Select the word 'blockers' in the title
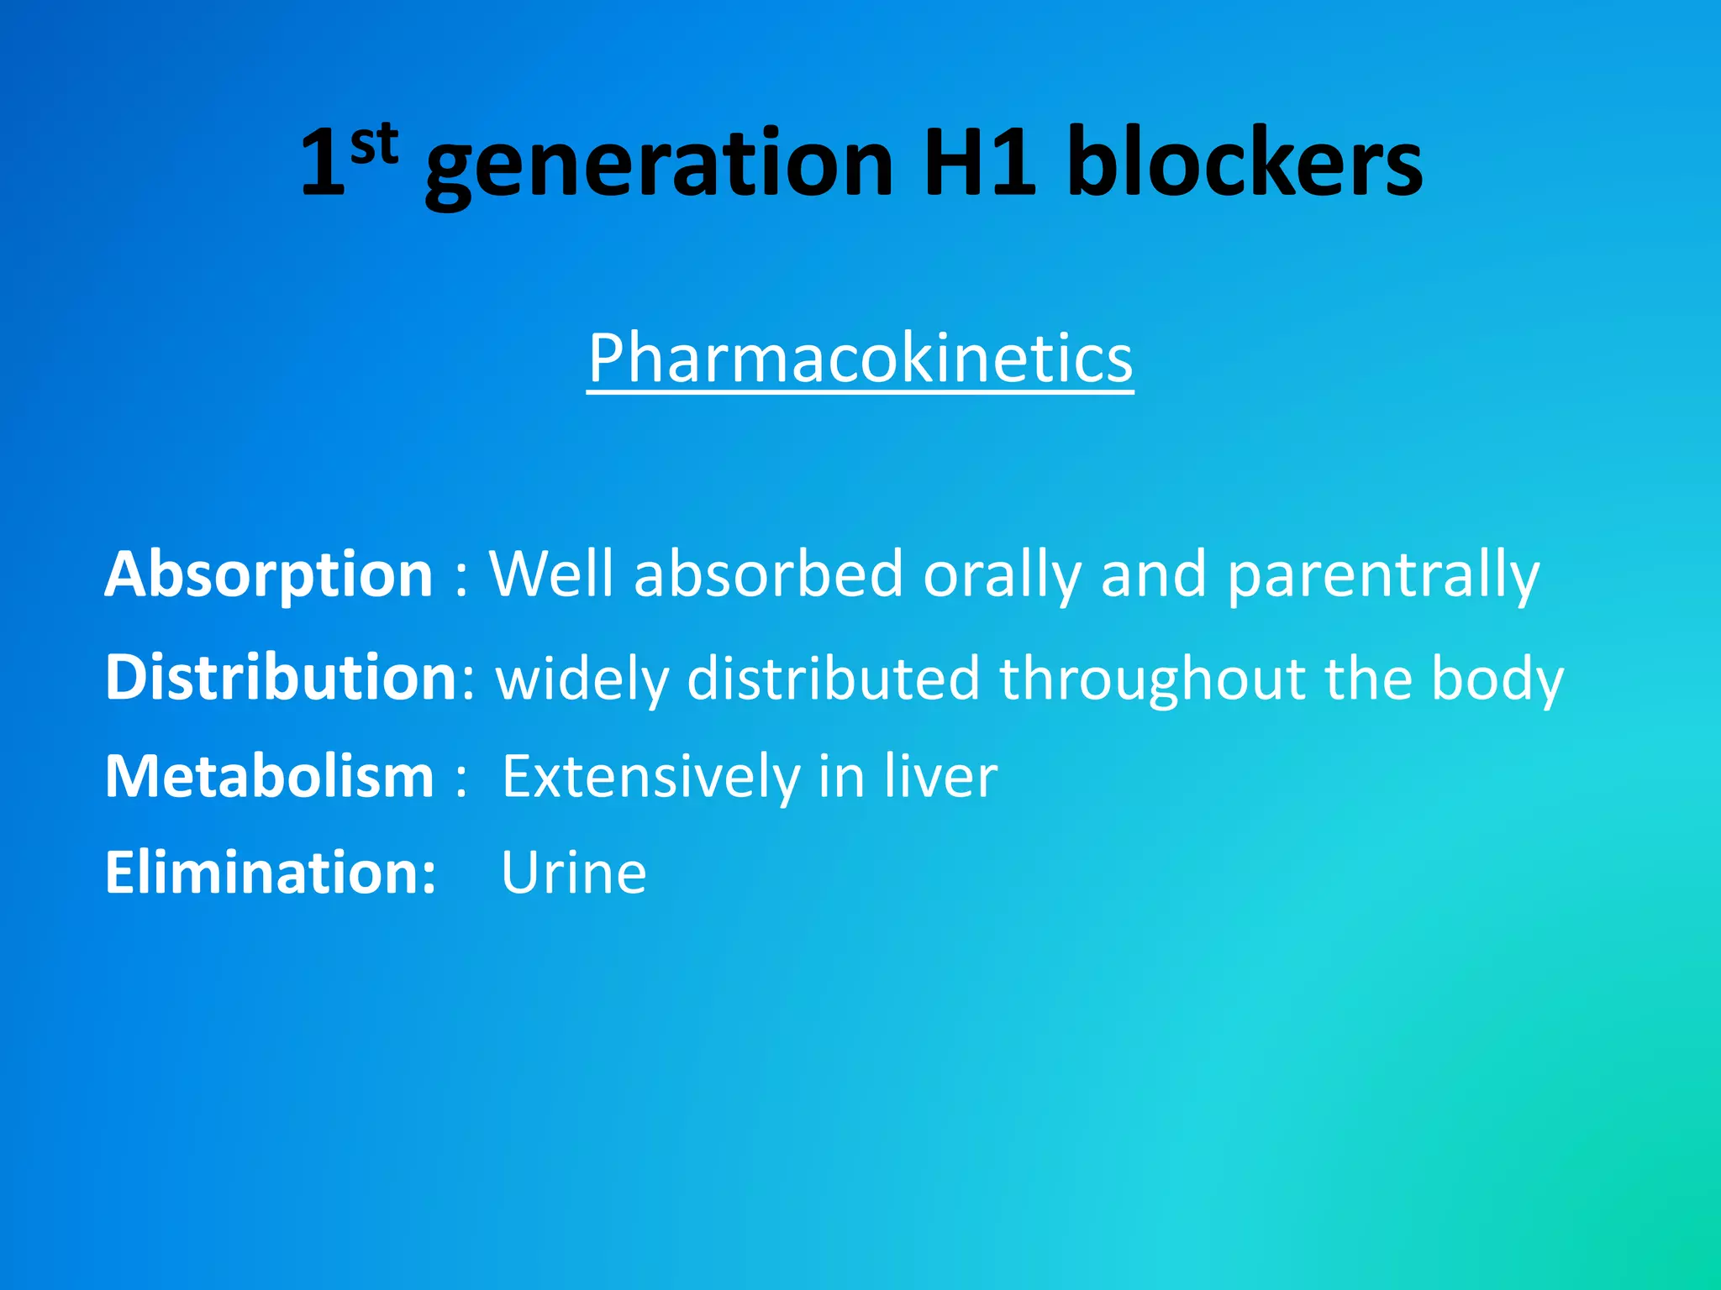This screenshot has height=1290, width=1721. pos(1245,164)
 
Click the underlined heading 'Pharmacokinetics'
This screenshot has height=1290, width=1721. pos(860,359)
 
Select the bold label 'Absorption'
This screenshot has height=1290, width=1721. pos(269,574)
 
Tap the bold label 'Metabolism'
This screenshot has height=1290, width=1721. pos(270,776)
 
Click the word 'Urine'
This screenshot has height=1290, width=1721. pos(574,873)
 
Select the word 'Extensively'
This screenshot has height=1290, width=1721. pos(650,776)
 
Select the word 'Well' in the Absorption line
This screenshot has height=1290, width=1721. pos(551,574)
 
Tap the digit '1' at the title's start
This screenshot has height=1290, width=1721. pos(323,164)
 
